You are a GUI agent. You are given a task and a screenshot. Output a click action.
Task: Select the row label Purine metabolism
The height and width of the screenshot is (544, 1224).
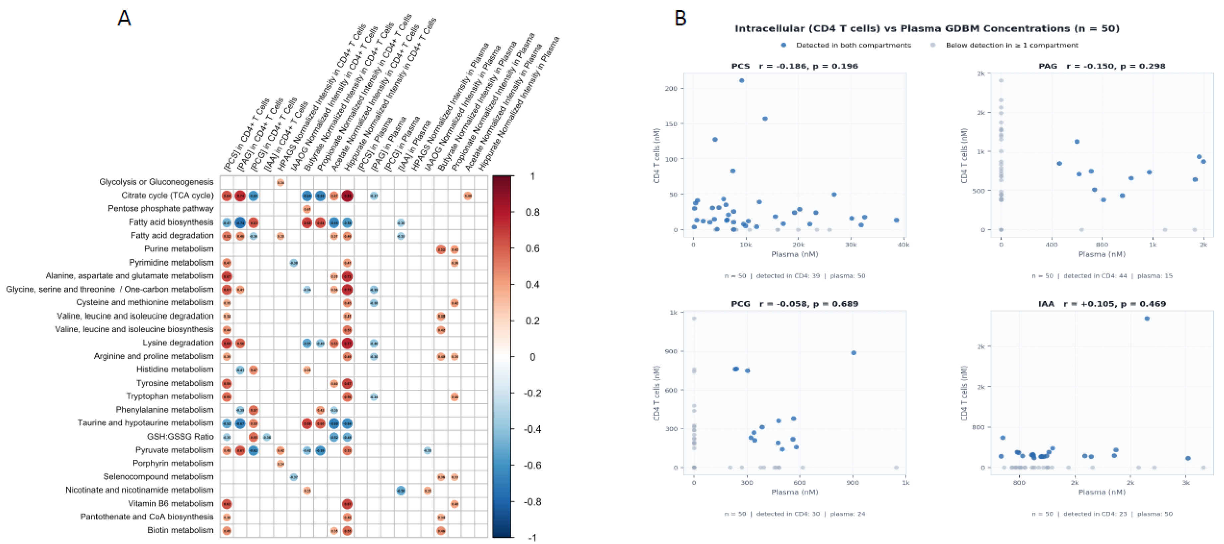179,249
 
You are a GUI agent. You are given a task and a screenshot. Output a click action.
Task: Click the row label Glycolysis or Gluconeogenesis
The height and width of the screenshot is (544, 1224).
156,182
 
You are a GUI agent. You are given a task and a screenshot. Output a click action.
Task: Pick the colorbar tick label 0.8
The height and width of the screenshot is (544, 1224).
532,212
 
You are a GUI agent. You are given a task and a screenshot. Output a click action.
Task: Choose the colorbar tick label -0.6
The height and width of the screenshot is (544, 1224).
532,466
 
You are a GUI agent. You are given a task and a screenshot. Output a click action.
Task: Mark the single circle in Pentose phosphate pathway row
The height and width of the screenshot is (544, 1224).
307,209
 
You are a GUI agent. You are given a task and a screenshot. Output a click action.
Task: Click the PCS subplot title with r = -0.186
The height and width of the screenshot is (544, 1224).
795,66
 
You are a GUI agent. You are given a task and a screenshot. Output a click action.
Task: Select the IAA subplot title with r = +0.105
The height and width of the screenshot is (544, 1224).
1102,304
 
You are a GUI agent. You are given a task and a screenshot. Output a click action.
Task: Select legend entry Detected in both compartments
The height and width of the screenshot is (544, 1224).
853,45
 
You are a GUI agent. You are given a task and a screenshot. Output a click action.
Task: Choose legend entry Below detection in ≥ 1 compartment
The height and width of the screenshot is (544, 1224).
1011,45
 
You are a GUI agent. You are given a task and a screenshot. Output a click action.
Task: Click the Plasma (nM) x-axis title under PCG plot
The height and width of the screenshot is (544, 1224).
795,492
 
